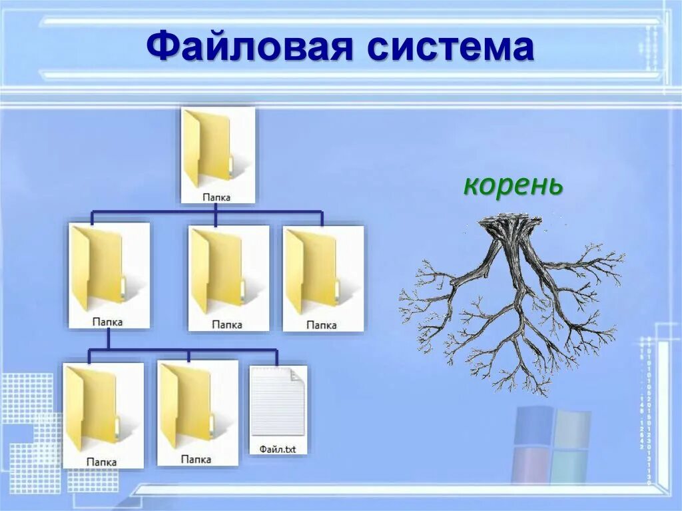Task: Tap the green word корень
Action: click(513, 185)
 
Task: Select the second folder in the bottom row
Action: click(190, 405)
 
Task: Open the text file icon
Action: click(278, 403)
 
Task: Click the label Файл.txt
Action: click(278, 450)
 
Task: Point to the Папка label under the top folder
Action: click(217, 197)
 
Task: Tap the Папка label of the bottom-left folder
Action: click(101, 461)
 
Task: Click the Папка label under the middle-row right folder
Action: click(322, 325)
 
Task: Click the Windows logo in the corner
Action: click(551, 446)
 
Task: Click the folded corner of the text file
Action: click(297, 374)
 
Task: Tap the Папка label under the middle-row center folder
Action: click(227, 325)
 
